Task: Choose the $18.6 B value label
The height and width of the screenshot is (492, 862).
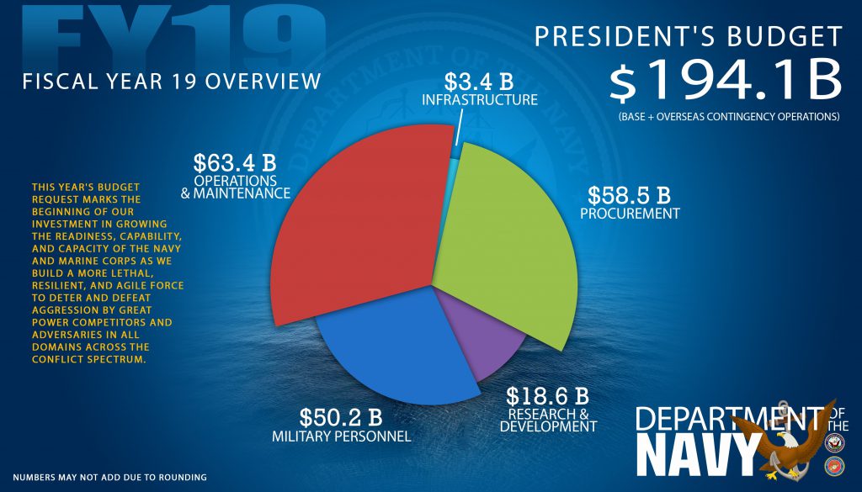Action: [x=547, y=395]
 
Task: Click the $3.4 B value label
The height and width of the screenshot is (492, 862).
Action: [x=479, y=82]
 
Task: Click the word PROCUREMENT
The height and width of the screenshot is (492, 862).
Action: [x=630, y=214]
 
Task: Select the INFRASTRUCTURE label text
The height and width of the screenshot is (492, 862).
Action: [x=480, y=100]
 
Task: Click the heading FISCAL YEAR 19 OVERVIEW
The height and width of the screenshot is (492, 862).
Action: [x=172, y=82]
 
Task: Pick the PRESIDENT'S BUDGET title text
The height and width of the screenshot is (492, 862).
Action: [x=688, y=36]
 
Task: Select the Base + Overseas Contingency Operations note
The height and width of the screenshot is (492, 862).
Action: [x=727, y=116]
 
